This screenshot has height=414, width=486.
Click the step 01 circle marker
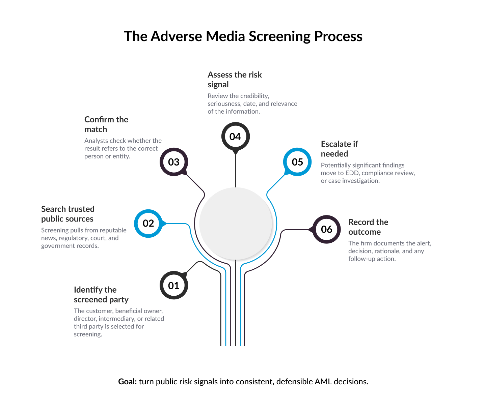pyautogui.click(x=173, y=286)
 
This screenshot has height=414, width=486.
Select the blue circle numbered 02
pyautogui.click(x=148, y=223)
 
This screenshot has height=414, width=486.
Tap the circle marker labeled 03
pyautogui.click(x=173, y=162)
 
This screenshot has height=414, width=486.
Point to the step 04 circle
pyautogui.click(x=235, y=137)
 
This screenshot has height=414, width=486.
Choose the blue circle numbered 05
pyautogui.click(x=297, y=162)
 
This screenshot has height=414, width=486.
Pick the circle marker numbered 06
pyautogui.click(x=326, y=229)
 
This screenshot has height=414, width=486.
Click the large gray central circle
pyautogui.click(x=236, y=223)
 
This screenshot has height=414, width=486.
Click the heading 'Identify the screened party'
pyautogui.click(x=101, y=295)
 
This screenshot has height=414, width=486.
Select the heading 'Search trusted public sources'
pyautogui.click(x=67, y=214)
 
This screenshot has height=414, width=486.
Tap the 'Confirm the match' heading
pyautogui.click(x=106, y=124)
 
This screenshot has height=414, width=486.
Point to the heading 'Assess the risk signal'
pyautogui.click(x=235, y=80)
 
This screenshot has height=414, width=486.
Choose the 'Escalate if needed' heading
pyautogui.click(x=339, y=149)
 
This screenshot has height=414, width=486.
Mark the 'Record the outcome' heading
pyautogui.click(x=368, y=227)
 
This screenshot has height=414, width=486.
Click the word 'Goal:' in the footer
pyautogui.click(x=127, y=382)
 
